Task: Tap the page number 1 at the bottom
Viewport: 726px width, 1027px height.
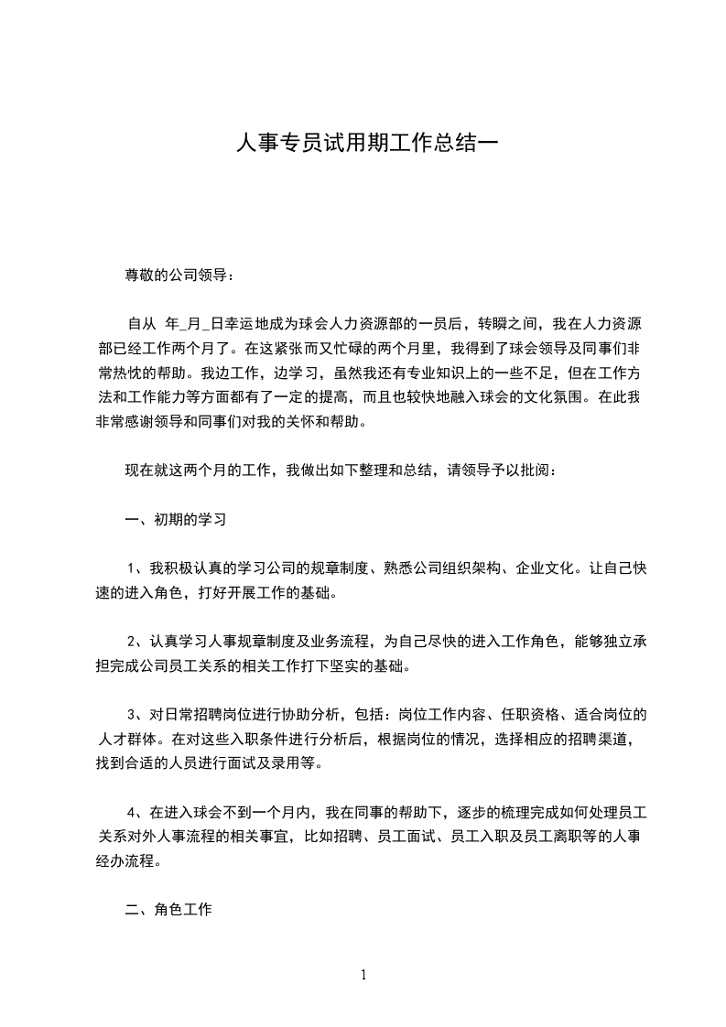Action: click(363, 975)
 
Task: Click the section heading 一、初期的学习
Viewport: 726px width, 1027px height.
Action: click(176, 520)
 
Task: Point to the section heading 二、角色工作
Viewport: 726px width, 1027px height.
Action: click(168, 910)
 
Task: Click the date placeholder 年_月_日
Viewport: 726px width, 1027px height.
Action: click(194, 323)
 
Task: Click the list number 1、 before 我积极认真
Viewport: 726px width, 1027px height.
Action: click(136, 568)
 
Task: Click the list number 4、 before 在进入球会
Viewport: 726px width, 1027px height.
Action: click(136, 812)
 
